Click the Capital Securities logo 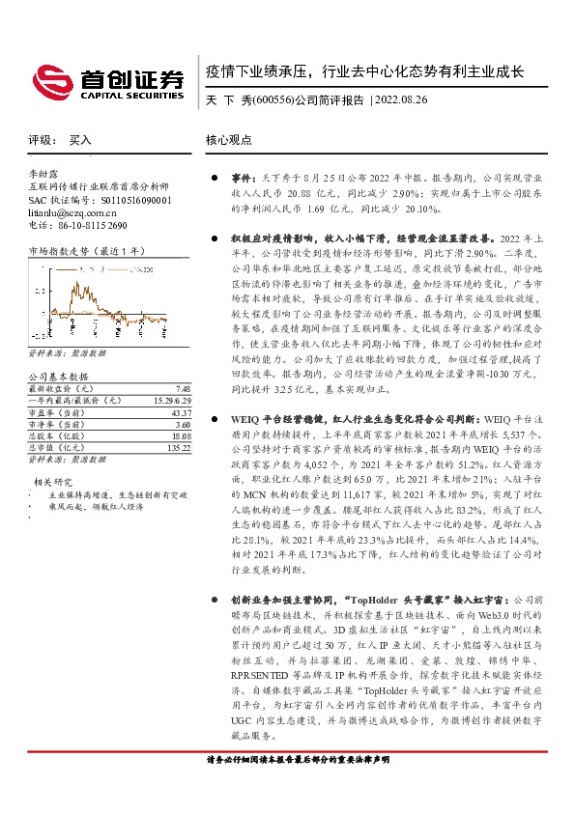(107, 80)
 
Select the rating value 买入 (80, 140)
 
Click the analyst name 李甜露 (44, 172)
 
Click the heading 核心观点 (229, 140)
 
